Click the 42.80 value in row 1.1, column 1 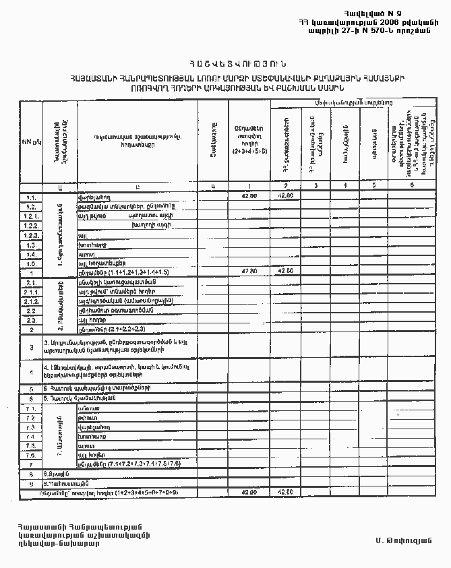click(x=248, y=196)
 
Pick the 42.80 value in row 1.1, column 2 click(x=285, y=196)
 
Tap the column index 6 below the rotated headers click(x=411, y=185)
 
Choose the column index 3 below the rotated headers click(x=315, y=185)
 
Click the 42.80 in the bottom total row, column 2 click(x=285, y=493)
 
